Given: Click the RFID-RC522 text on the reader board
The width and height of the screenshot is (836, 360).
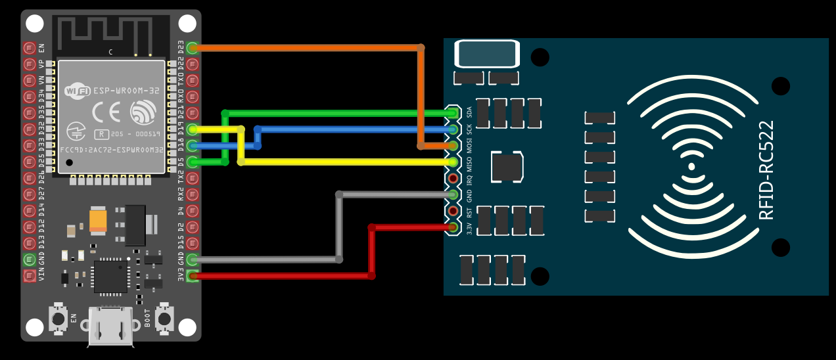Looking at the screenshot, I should coord(766,169).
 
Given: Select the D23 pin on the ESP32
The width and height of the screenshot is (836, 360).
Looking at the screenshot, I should coord(193,48).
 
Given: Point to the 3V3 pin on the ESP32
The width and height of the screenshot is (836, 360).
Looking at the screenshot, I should coord(193,276).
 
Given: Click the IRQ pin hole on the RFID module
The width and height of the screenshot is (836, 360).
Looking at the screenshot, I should coord(453,178).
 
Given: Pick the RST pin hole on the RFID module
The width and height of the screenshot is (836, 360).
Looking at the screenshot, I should coord(453,211).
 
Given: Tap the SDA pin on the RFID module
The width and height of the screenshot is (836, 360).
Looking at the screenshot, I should coord(453,113).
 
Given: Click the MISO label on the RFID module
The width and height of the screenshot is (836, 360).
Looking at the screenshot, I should coord(469,162).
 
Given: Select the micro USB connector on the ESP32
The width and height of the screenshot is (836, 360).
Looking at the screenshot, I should coord(111,325).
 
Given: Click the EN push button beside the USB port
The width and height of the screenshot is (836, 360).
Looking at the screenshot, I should coord(58,319).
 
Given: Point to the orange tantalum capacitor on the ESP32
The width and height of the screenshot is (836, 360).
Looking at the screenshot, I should coord(98,220).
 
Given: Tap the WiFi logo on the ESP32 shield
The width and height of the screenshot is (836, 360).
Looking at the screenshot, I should coord(78,91).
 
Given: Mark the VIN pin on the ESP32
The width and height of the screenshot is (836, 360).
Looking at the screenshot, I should coord(30,276).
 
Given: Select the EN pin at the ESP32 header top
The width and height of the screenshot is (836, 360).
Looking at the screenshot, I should coord(30,48).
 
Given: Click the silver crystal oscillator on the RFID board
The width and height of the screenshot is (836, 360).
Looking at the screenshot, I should coord(487,54).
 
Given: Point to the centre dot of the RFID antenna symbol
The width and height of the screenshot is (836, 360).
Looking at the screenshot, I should coord(691,167).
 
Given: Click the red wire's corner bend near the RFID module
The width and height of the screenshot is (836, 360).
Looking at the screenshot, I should coord(372,227).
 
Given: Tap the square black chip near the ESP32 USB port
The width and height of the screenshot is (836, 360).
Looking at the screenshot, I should coord(110,277).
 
